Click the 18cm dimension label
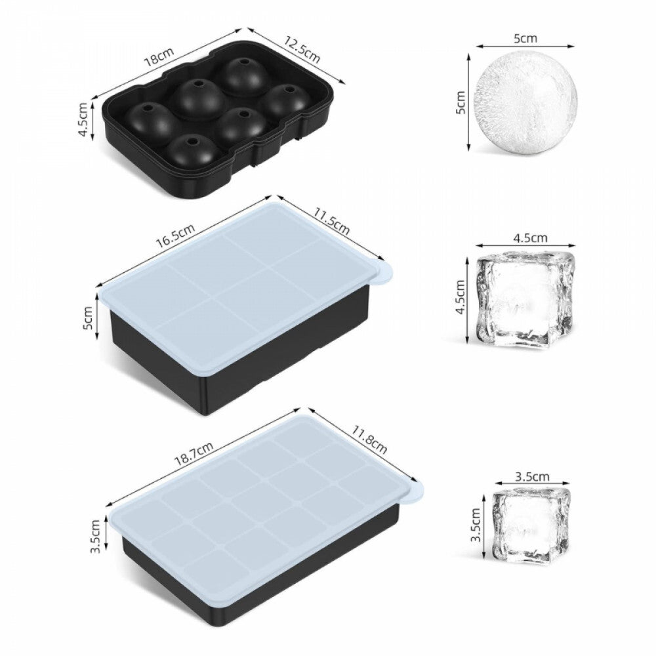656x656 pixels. point(159,58)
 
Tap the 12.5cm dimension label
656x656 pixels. point(302,50)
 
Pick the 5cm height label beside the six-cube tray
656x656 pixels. point(88,318)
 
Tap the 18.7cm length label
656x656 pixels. point(194,453)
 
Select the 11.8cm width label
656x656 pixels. point(369,440)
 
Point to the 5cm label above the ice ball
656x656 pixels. point(525,38)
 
